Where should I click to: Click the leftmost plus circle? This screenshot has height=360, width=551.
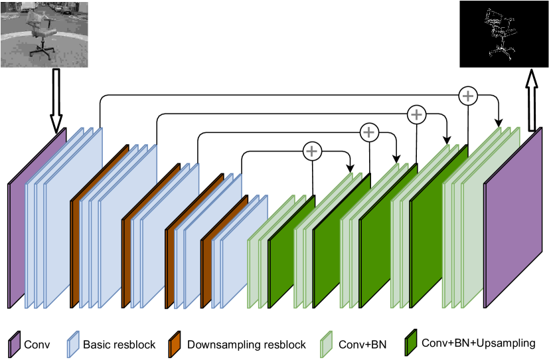(312, 151)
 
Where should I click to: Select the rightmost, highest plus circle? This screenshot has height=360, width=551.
(468, 96)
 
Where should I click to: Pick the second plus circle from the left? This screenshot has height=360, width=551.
(368, 132)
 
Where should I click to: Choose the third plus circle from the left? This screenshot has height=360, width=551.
(416, 114)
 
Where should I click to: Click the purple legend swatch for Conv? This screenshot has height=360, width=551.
(14, 345)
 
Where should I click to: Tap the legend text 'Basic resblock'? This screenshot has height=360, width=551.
(119, 345)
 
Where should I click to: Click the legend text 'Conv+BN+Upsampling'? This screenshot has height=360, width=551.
(478, 343)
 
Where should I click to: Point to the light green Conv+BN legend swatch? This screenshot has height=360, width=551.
(327, 345)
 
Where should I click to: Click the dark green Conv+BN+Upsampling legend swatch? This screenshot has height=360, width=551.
(412, 344)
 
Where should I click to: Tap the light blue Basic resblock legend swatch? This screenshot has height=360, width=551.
(72, 345)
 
